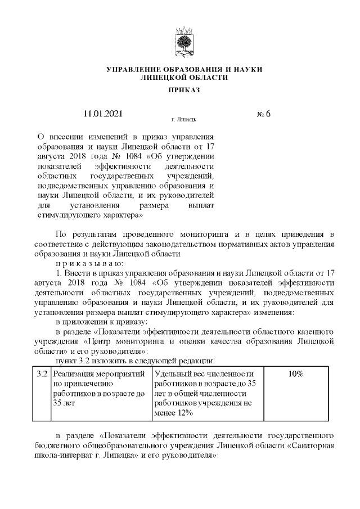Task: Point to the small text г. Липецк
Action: point(183,120)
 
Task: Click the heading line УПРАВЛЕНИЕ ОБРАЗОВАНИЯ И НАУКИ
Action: point(184,69)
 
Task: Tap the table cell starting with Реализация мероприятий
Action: point(98,388)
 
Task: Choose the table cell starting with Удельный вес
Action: point(205,394)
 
